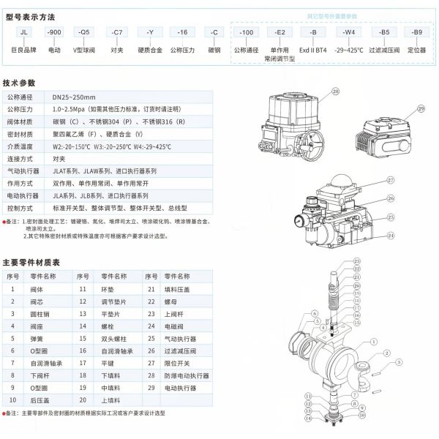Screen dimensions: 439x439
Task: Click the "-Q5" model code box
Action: pos(86,33)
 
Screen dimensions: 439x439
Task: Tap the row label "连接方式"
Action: pos(23,159)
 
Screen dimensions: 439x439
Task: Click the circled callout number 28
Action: pos(336,91)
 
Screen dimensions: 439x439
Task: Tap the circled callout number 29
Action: pos(421,108)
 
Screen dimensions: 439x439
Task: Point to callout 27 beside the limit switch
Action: pos(390,179)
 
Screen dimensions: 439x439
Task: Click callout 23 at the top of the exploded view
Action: pos(356,261)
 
